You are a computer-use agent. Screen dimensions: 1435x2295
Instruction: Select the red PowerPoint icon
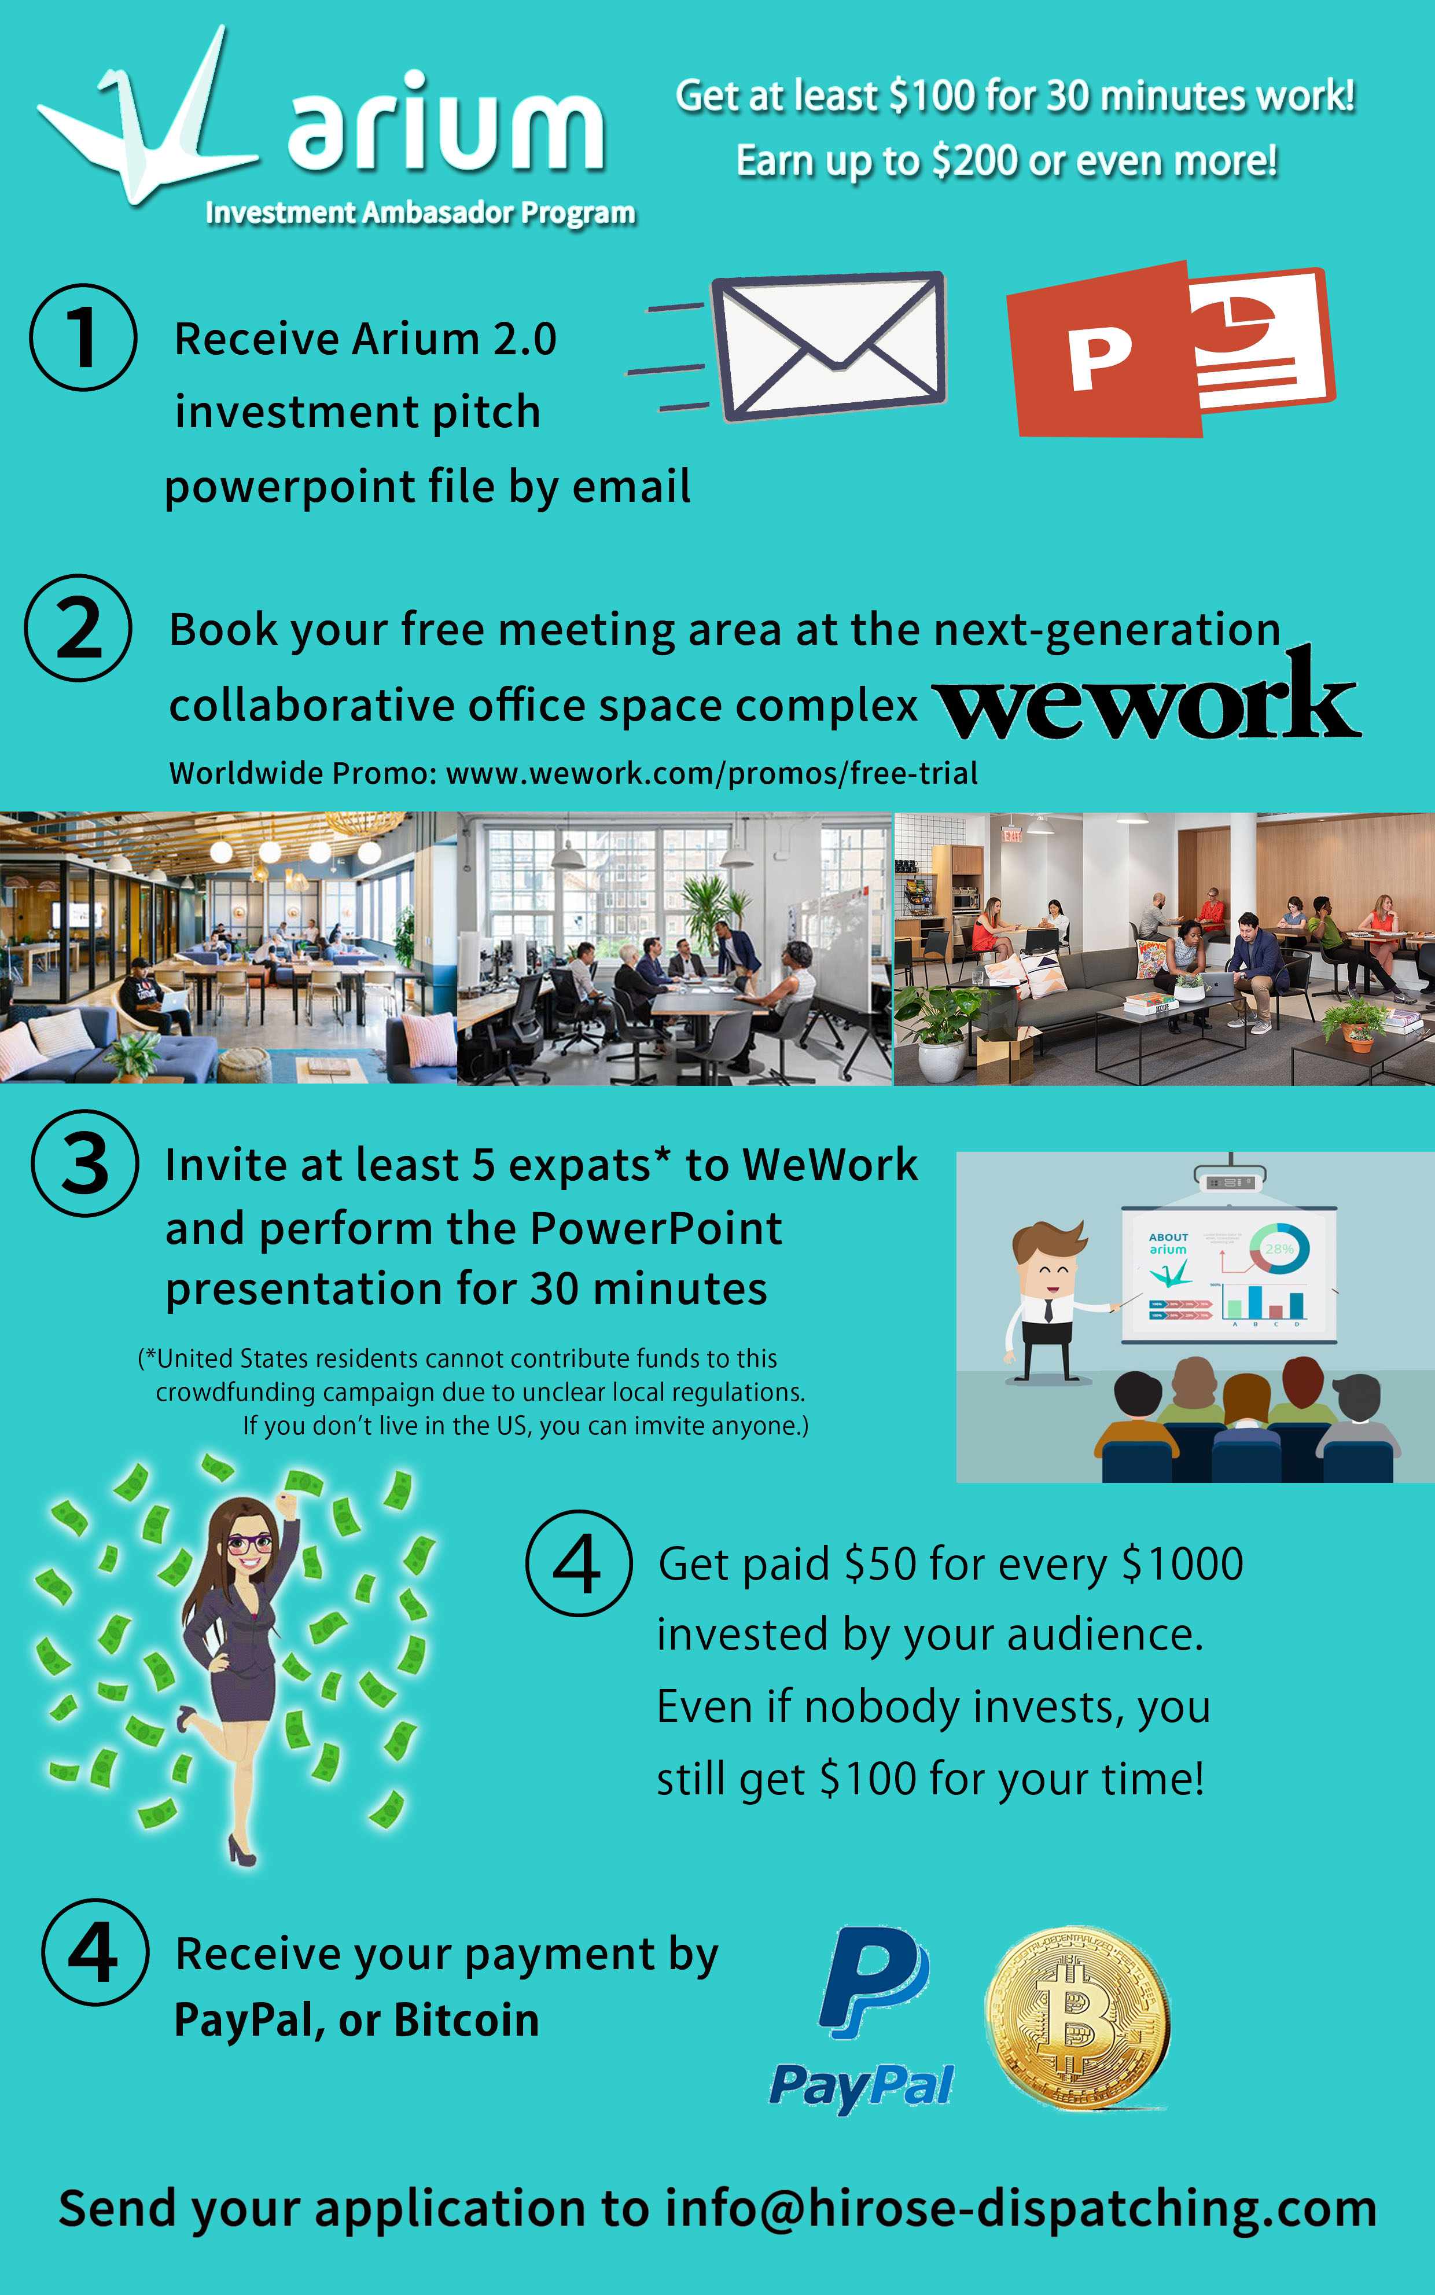pos(1170,349)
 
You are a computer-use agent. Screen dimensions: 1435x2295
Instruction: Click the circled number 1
pos(83,337)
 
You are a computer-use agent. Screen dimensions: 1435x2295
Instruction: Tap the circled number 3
pos(86,1163)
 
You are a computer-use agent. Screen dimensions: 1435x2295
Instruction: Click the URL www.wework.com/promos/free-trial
pos(712,773)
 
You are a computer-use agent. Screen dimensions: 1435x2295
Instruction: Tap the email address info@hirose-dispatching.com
pos(1020,2209)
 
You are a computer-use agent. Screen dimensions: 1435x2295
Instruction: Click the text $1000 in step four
pos(1183,1563)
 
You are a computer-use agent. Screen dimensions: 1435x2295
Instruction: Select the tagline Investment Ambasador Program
pos(421,212)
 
